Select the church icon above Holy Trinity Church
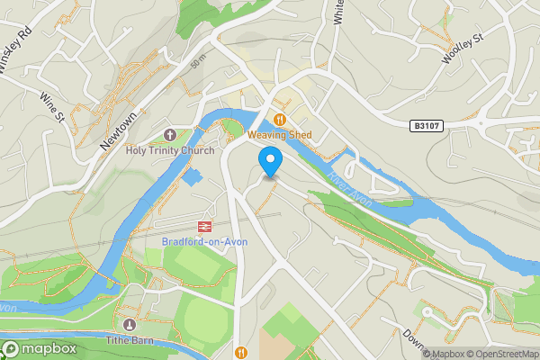[169, 135]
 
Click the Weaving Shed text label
[279, 135]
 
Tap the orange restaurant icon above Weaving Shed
[280, 119]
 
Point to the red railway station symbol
[204, 226]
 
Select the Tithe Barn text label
[130, 340]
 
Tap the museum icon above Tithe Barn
[130, 324]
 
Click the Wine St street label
[52, 105]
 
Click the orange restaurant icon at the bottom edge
[240, 352]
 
